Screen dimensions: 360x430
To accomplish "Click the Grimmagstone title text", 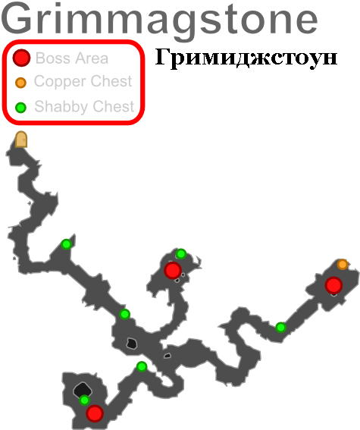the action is click(159, 20).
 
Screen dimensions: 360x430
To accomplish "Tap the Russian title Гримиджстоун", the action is click(246, 58).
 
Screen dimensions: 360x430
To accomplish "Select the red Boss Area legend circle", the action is click(21, 58).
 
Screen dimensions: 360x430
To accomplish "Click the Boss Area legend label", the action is click(72, 58).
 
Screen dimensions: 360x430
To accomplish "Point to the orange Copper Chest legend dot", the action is click(20, 83).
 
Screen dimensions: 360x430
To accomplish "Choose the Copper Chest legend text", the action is click(83, 81).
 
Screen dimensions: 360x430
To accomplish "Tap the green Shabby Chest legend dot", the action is click(20, 108).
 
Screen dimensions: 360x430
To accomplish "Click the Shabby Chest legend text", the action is click(84, 106).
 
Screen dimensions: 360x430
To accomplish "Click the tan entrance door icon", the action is click(21, 140).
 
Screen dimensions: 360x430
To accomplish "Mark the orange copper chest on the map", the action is click(343, 265).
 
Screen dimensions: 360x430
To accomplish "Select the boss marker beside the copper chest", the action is click(333, 285).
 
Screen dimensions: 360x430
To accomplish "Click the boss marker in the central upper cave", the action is click(173, 271).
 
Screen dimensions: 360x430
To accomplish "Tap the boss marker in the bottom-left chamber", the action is click(95, 413).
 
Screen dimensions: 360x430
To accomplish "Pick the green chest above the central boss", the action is click(181, 254).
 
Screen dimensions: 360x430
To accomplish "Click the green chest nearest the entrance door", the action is click(66, 243).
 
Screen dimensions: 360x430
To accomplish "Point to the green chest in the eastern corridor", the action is click(281, 327).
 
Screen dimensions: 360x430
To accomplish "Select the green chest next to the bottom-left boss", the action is click(84, 400).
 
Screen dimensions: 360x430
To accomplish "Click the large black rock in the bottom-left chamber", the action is click(83, 389).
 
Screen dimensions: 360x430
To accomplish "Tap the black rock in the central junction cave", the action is click(132, 344).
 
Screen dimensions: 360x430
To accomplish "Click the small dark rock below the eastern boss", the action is click(333, 294).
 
